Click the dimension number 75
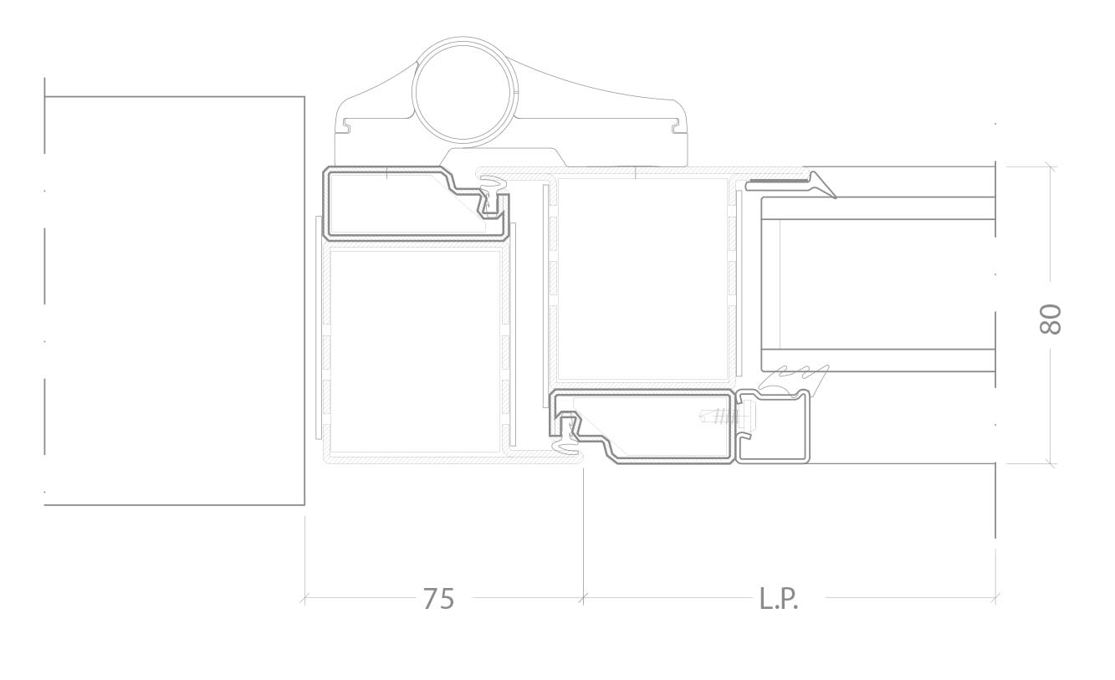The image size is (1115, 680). click(x=438, y=598)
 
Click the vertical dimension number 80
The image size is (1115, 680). click(x=1051, y=319)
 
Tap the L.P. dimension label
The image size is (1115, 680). click(x=779, y=598)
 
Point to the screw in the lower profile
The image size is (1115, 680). click(x=727, y=416)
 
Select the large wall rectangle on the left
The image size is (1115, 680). click(x=174, y=300)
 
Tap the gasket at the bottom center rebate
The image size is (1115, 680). click(x=567, y=438)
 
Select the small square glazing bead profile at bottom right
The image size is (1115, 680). click(x=773, y=426)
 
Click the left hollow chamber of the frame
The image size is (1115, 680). click(x=415, y=351)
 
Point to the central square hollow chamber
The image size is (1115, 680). click(x=642, y=279)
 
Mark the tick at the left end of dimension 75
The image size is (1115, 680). click(x=304, y=598)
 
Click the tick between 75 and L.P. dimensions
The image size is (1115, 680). click(x=583, y=598)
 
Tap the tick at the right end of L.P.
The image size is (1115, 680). click(x=995, y=598)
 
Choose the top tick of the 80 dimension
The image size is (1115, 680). click(x=1051, y=166)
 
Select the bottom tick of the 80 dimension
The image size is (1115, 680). click(x=1051, y=464)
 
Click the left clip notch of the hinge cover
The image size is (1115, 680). click(x=345, y=126)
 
